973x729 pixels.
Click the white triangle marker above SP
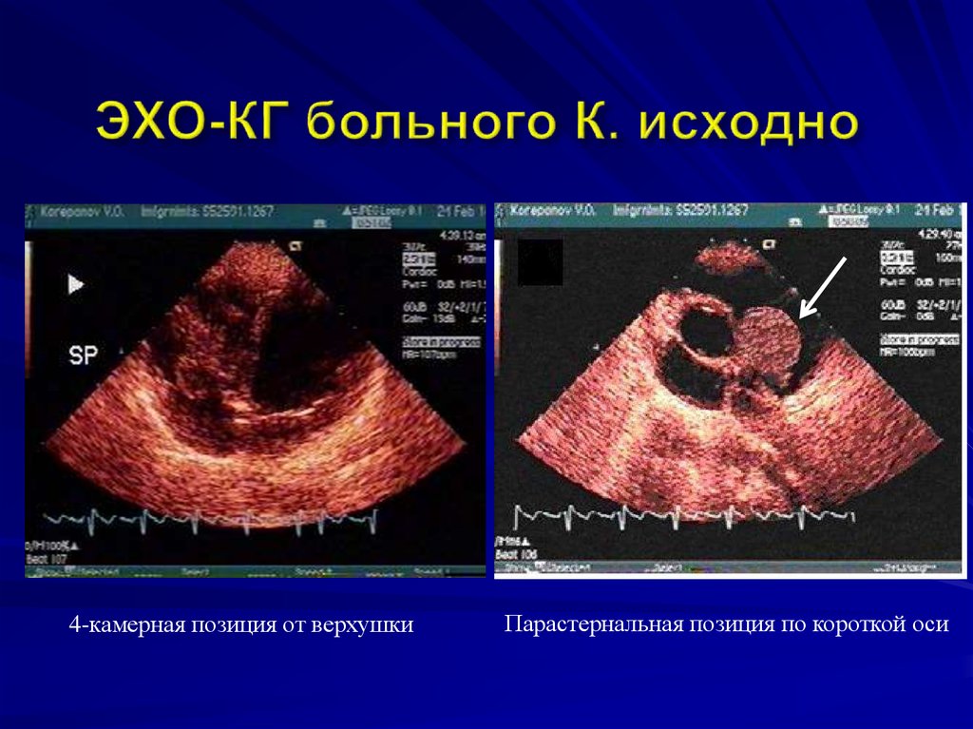click(x=77, y=284)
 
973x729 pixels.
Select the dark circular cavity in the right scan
click(x=703, y=331)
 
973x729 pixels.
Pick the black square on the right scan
click(x=541, y=262)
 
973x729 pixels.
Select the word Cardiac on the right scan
click(x=898, y=270)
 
